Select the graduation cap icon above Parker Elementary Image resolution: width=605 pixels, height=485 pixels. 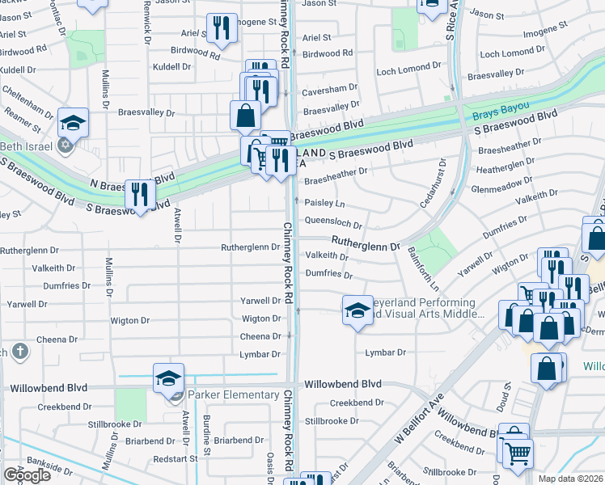pyautogui.click(x=168, y=378)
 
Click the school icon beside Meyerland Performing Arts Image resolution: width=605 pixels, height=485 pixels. pyautogui.click(x=357, y=310)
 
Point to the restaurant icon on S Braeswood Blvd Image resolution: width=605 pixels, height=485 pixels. pyautogui.click(x=141, y=194)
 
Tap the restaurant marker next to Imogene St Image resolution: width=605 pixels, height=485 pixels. pyautogui.click(x=221, y=29)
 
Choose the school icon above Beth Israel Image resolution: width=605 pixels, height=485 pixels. pyautogui.click(x=73, y=123)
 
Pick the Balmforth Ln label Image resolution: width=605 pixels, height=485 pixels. pyautogui.click(x=422, y=269)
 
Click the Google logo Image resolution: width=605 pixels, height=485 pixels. pyautogui.click(x=27, y=474)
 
